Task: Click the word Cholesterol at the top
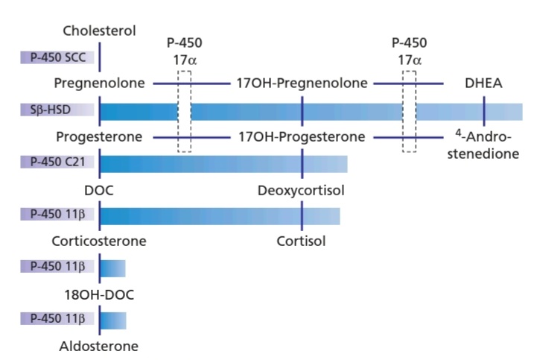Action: click(100, 31)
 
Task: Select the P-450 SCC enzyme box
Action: click(57, 57)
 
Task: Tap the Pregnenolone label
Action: click(100, 83)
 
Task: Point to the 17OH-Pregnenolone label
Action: click(302, 83)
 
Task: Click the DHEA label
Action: click(483, 83)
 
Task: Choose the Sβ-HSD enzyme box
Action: click(57, 110)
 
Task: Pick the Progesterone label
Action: click(99, 136)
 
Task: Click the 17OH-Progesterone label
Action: click(302, 136)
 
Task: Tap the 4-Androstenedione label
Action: click(483, 145)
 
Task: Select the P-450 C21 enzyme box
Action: click(57, 162)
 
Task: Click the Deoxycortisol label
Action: click(301, 190)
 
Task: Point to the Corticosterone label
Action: click(99, 241)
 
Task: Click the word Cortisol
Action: click(301, 241)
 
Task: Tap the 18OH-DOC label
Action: click(99, 294)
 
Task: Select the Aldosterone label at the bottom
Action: click(99, 347)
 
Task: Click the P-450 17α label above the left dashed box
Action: click(185, 51)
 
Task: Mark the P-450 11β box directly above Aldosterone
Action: click(57, 319)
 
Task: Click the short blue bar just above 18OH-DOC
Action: click(113, 268)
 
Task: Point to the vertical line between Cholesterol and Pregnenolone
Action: click(100, 57)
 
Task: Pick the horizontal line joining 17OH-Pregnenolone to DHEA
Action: click(409, 83)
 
